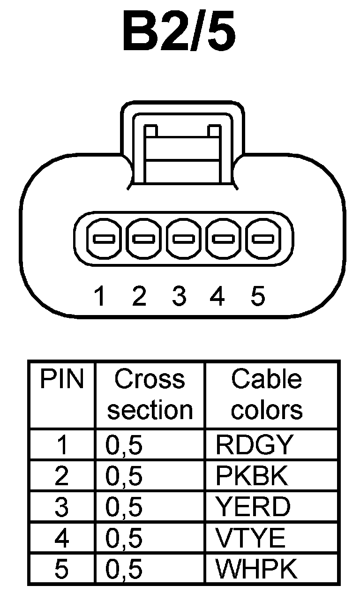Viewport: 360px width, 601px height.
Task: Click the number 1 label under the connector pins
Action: tap(99, 296)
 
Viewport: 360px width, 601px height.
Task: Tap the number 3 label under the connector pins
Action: tap(179, 296)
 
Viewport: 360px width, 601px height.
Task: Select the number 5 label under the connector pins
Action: tap(258, 296)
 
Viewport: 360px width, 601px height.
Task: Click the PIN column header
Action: tap(61, 380)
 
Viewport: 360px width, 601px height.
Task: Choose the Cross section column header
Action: tap(150, 394)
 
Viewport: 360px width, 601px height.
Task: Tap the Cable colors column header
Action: tap(266, 394)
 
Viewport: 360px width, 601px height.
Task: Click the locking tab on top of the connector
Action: tap(182, 145)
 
